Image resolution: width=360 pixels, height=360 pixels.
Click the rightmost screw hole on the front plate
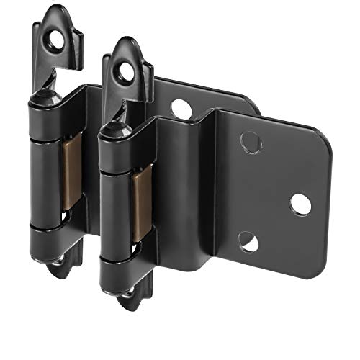point(300,204)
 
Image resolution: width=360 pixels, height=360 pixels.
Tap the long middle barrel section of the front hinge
point(113,209)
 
